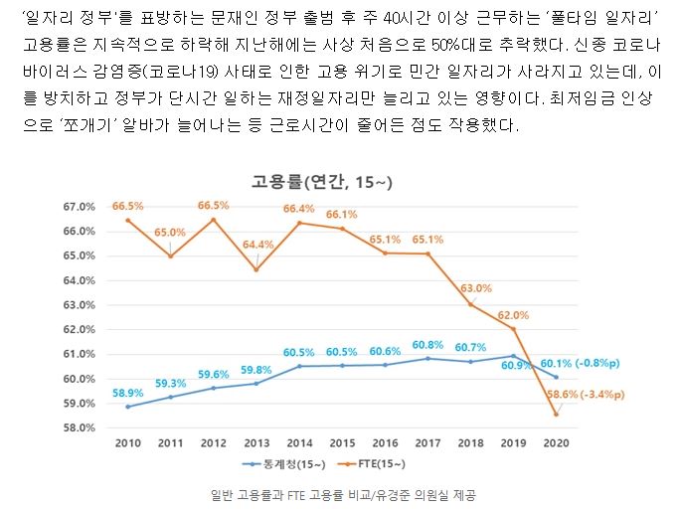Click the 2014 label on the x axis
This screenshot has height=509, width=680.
(299, 441)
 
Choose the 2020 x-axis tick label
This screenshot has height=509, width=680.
(556, 441)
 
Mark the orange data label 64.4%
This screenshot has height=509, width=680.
(257, 245)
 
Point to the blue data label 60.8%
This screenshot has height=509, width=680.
(427, 345)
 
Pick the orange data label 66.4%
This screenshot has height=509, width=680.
(299, 209)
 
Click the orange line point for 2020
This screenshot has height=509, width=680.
(556, 414)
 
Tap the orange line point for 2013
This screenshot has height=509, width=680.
(256, 269)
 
